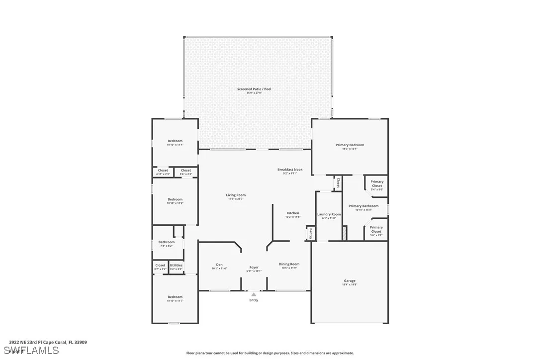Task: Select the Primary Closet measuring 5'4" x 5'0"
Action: [377, 184]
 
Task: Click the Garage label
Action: [349, 281]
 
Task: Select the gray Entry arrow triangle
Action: [254, 295]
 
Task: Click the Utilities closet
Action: [176, 266]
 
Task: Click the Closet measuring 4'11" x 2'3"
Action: [163, 172]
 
